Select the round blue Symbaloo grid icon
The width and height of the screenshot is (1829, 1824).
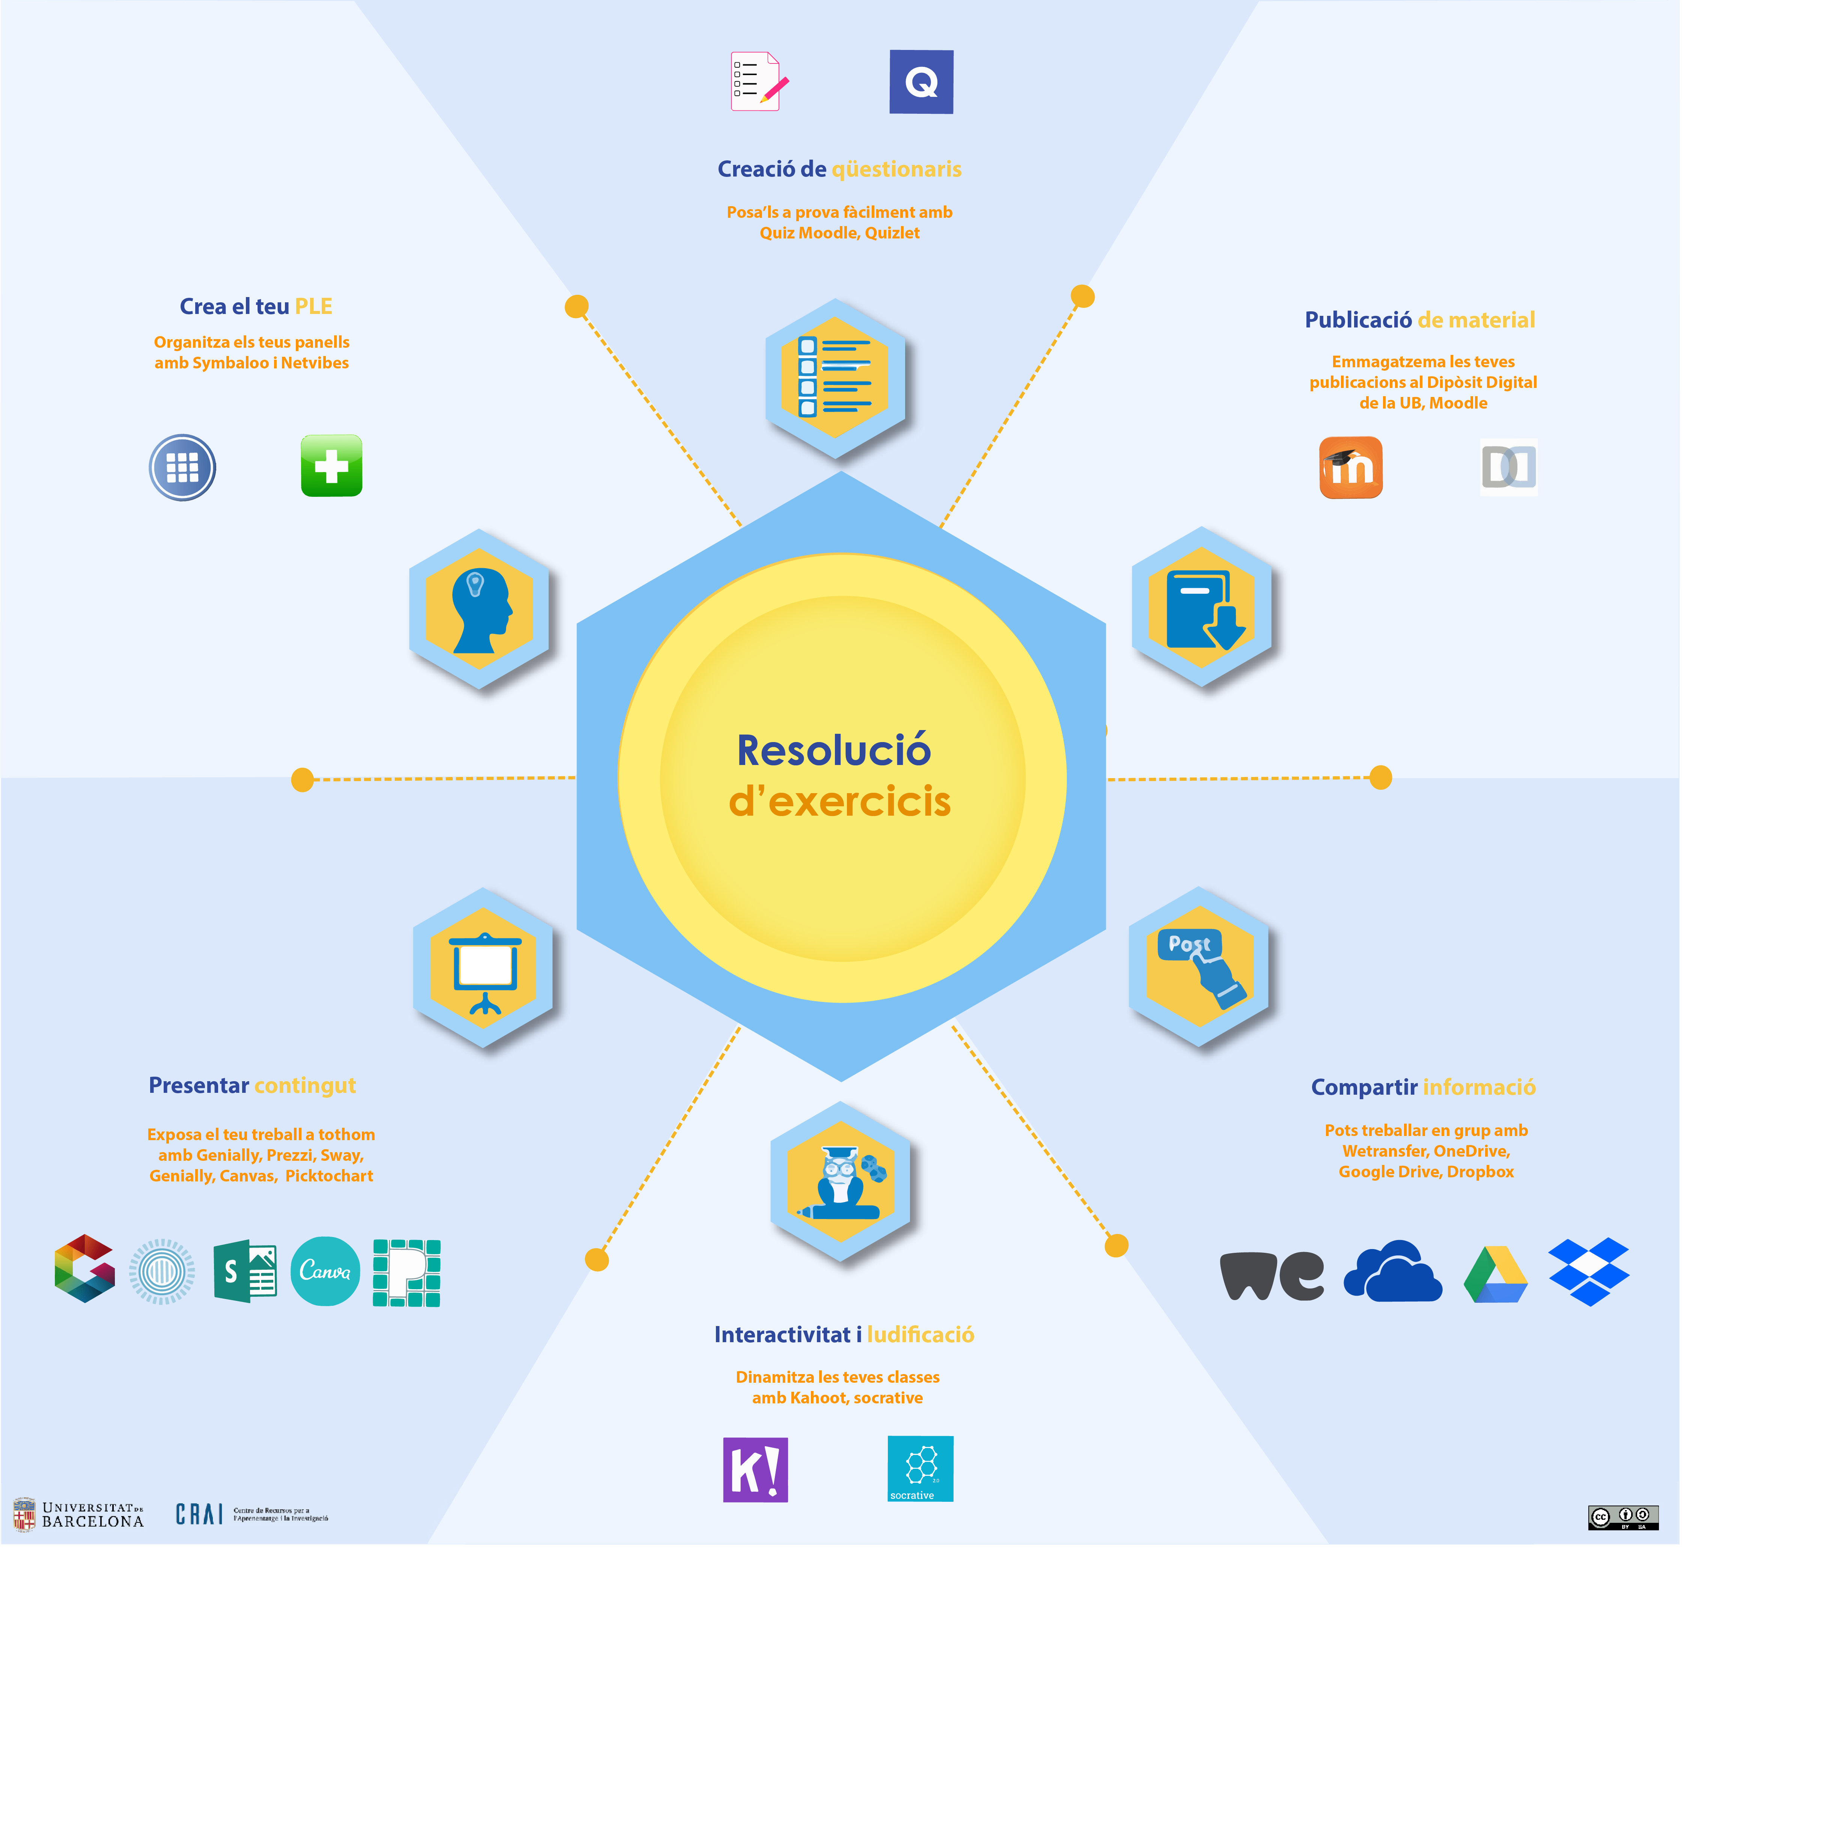click(x=183, y=467)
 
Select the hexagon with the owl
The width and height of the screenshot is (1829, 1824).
click(x=840, y=1181)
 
